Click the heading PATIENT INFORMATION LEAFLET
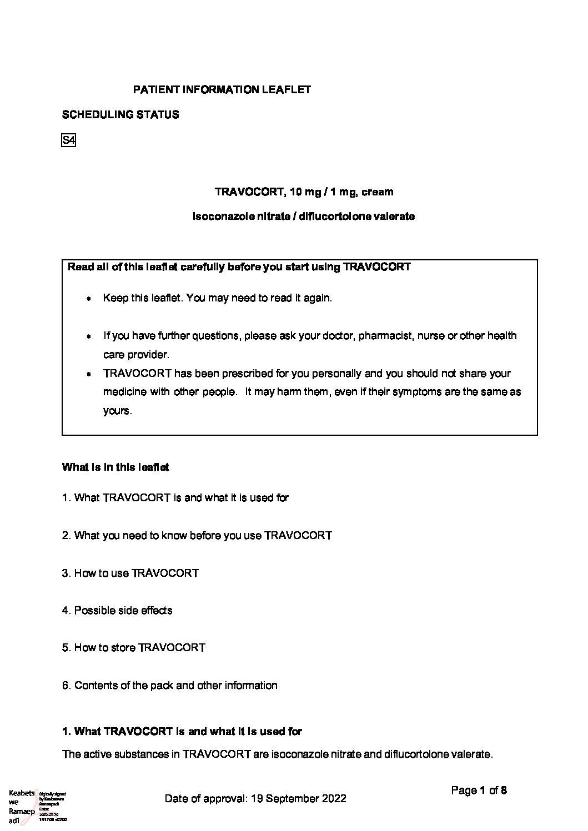(x=222, y=89)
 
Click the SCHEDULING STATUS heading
(x=120, y=115)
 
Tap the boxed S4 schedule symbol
(x=68, y=140)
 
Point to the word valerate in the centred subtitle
(x=394, y=216)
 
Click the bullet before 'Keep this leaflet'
(x=89, y=299)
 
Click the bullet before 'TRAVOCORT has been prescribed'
(x=89, y=375)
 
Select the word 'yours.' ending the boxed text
(x=117, y=411)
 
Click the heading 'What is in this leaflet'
(x=115, y=467)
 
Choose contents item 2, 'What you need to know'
(x=197, y=536)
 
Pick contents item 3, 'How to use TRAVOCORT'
(x=130, y=573)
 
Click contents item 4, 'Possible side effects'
(x=117, y=611)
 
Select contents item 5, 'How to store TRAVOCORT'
(x=134, y=648)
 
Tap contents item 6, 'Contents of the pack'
(x=170, y=686)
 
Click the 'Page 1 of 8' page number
(x=479, y=790)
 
